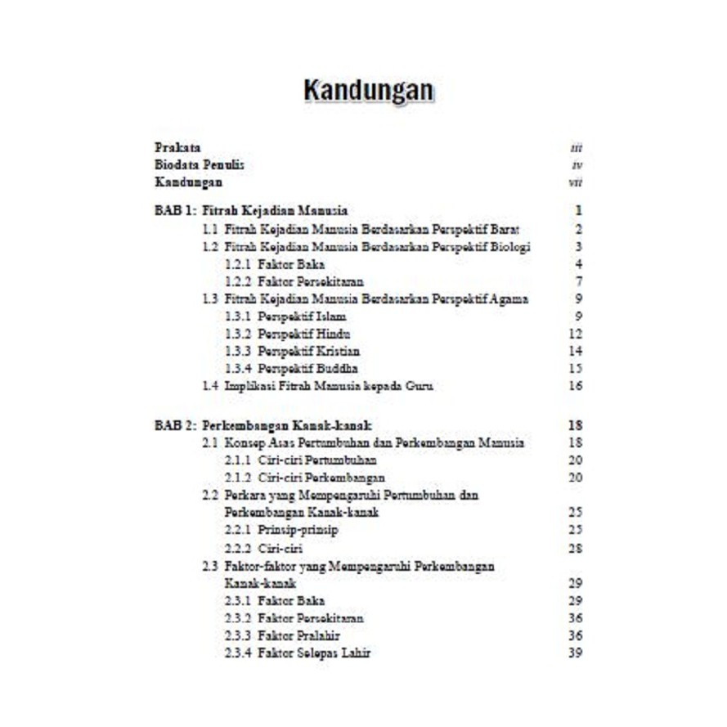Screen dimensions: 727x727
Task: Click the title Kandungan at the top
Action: coord(368,91)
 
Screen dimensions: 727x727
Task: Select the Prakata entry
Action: coord(177,148)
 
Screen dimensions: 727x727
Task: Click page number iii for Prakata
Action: coord(576,149)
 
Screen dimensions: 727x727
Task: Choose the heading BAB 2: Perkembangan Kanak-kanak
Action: coord(263,425)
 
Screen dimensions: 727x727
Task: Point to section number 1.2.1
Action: coord(237,264)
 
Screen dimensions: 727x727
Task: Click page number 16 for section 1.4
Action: coord(575,386)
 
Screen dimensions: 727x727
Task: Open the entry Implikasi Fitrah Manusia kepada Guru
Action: coord(328,386)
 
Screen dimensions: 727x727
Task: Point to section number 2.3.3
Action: coord(237,635)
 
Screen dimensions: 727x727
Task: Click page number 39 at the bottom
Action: coord(575,653)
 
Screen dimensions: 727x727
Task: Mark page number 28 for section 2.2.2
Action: coord(575,548)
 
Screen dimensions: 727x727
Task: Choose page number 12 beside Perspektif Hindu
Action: coord(575,334)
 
